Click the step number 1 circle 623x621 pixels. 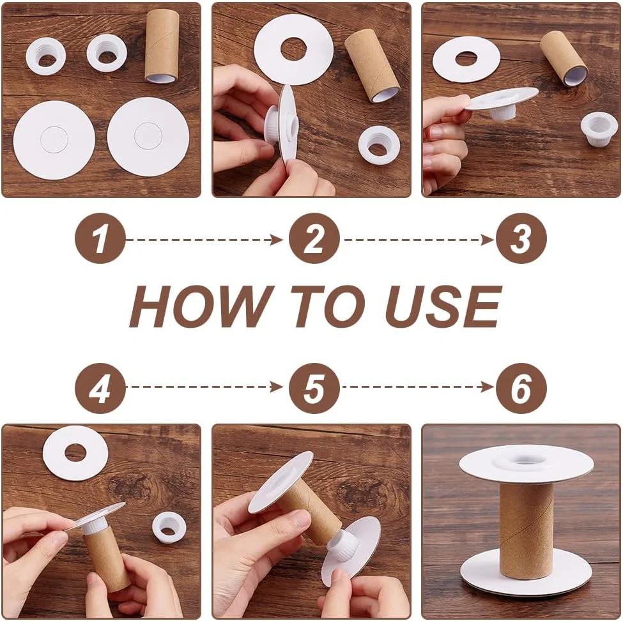point(100,238)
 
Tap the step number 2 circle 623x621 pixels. point(314,238)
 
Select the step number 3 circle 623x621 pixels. point(521,238)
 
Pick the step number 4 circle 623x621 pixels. point(100,388)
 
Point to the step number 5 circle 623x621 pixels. point(314,388)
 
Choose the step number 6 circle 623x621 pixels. point(521,388)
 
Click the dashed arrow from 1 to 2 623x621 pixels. point(204,240)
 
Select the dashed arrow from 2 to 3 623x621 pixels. point(419,240)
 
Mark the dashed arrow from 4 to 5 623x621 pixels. point(204,387)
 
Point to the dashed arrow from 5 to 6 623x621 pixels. point(419,387)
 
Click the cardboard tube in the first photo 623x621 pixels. point(162,46)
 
